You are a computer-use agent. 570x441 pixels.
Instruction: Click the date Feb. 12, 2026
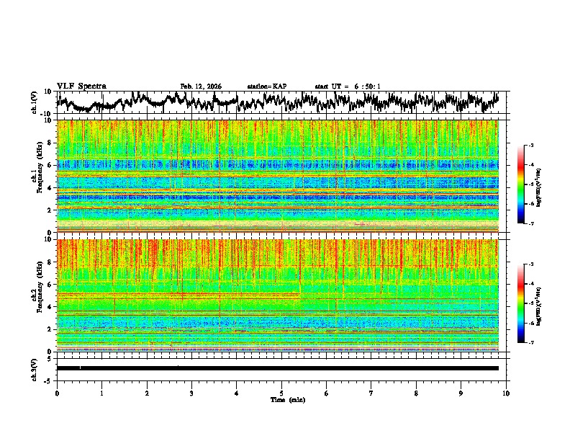tap(201, 86)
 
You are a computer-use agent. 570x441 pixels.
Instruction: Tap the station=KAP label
tap(266, 86)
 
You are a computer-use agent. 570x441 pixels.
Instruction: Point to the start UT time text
tap(347, 86)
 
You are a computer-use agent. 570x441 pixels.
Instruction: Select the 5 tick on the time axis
tap(281, 393)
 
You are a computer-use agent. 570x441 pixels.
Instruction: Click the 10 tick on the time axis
tap(506, 393)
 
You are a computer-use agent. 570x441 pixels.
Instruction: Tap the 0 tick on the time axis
tap(57, 393)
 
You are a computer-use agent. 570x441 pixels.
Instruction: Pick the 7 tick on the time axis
tap(371, 393)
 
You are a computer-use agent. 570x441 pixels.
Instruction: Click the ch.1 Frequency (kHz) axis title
tap(35, 176)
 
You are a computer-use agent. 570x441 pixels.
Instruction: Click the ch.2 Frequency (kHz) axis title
tap(35, 295)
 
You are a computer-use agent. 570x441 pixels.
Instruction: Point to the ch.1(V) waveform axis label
tap(35, 102)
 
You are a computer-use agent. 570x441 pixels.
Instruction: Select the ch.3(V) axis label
tap(35, 368)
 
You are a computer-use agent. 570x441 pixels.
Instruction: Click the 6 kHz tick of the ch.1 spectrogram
tap(50, 165)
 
